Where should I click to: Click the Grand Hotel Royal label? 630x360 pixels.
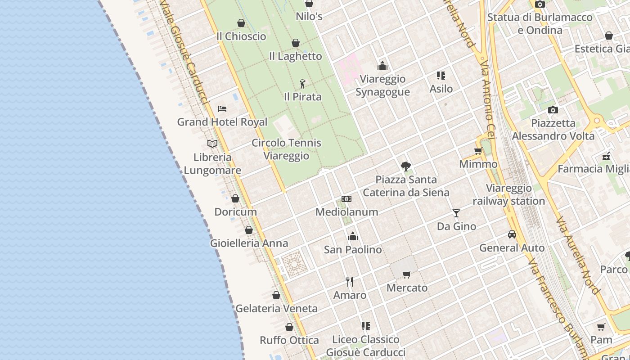click(x=222, y=122)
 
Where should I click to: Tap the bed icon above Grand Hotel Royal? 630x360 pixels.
click(x=222, y=108)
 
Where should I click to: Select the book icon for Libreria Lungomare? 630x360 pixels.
click(x=212, y=144)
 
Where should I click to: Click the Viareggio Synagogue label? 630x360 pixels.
click(x=382, y=85)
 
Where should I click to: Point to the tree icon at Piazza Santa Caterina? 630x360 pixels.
click(x=406, y=166)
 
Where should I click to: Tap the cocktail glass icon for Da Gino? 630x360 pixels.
click(x=456, y=213)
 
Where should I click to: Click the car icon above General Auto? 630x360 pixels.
click(x=512, y=234)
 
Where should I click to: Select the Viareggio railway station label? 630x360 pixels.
click(x=508, y=194)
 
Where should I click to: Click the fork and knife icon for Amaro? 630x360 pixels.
click(x=350, y=282)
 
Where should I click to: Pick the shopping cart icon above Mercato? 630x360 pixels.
click(x=407, y=274)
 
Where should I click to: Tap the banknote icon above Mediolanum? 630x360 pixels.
click(x=346, y=199)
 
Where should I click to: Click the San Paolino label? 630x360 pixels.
click(x=353, y=250)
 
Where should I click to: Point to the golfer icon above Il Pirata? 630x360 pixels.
click(x=302, y=84)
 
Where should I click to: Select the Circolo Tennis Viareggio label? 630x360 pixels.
click(x=287, y=149)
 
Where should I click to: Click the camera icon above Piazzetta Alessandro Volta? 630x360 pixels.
click(x=553, y=110)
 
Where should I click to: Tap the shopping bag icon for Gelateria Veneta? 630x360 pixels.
click(x=276, y=295)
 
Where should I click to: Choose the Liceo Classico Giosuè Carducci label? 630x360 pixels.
click(x=365, y=346)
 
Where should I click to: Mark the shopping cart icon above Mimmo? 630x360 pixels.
click(x=478, y=151)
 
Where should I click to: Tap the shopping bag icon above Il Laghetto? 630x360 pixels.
click(x=296, y=43)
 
